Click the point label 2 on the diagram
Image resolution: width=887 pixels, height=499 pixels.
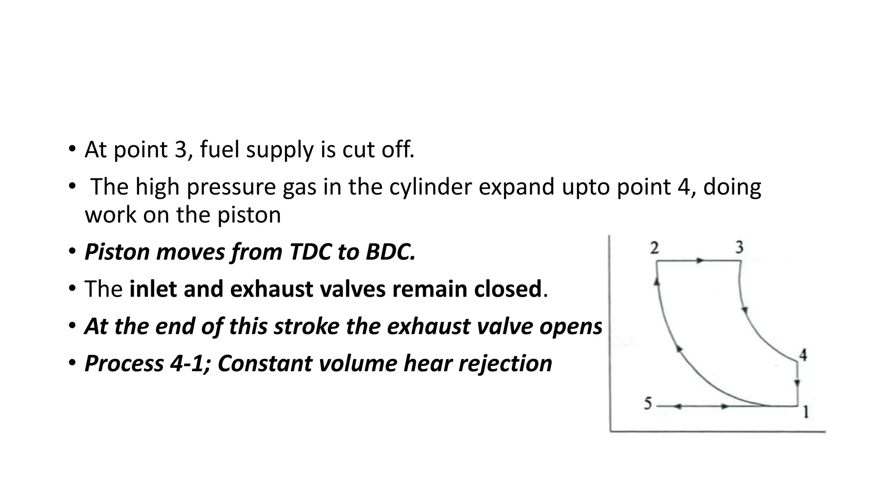(654, 248)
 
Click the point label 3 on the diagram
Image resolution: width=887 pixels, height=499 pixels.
(739, 247)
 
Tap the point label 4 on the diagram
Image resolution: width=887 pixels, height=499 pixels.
(803, 355)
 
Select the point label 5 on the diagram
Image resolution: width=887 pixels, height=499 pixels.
(647, 404)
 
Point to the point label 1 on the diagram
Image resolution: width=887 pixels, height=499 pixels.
(806, 412)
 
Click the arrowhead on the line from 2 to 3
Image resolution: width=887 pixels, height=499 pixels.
(700, 261)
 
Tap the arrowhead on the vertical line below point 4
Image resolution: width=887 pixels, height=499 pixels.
(798, 383)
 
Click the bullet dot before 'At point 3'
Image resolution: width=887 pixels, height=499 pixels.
(71, 149)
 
